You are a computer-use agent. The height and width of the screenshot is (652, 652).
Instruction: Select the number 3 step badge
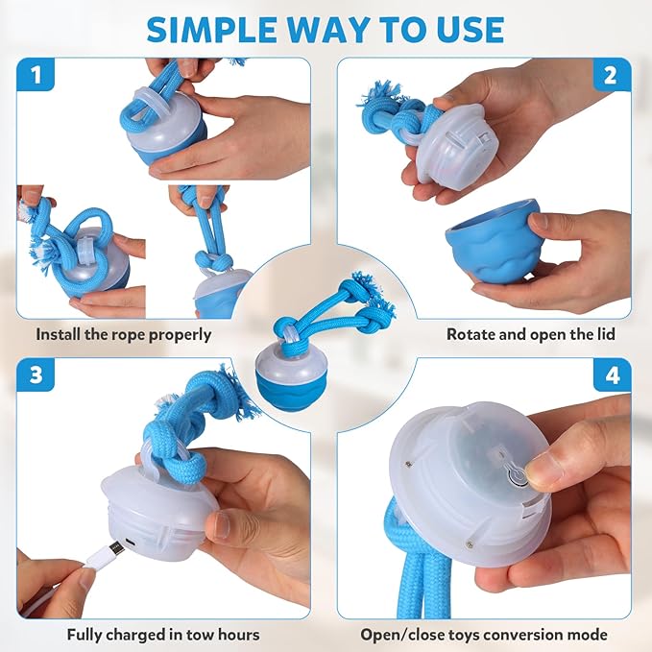36,375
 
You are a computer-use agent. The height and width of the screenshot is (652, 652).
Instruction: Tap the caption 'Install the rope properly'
124,335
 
